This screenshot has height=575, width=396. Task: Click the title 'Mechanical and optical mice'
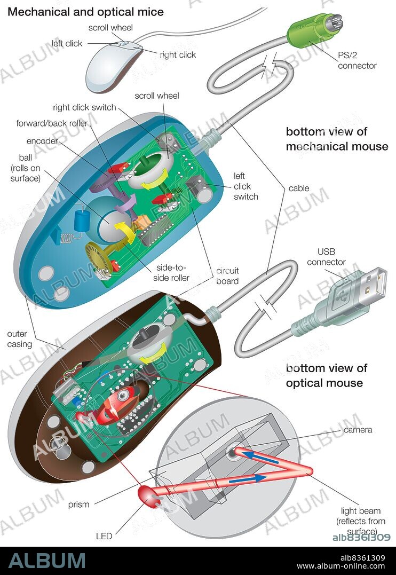85,12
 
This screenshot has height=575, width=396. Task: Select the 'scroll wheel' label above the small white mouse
111,28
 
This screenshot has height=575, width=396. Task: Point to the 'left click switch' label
245,186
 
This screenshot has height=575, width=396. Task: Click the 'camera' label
358,430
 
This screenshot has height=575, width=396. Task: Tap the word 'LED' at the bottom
104,535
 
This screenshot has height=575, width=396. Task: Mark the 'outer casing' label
19,339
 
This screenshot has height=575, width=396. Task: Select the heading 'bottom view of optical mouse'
327,375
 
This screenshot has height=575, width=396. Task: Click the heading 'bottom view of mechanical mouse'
337,139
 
